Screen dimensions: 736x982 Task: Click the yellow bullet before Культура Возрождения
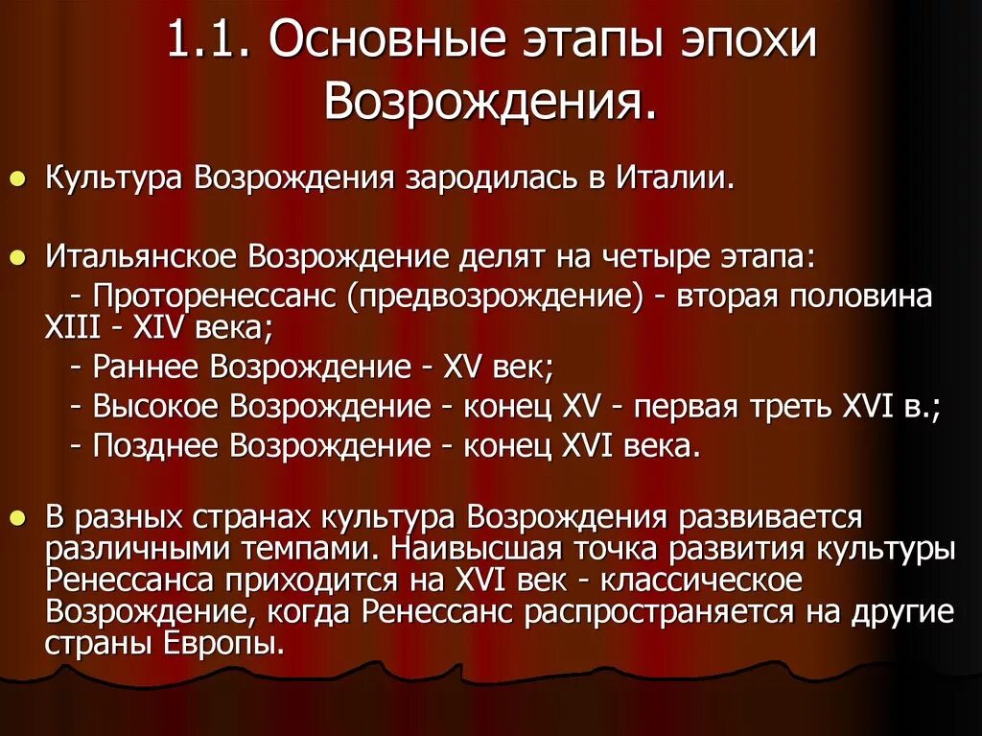18,179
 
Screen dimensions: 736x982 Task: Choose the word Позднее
156,445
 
